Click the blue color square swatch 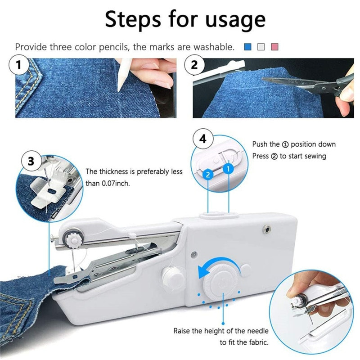(248, 47)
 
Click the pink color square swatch (275, 47)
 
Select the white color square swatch (261, 47)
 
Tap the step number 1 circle (19, 65)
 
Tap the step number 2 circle (194, 65)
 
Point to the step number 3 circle (31, 161)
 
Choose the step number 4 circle (203, 139)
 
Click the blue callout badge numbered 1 (228, 169)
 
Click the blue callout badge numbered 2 (208, 175)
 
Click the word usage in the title (235, 19)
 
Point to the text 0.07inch (116, 184)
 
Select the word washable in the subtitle (214, 47)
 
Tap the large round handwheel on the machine (221, 282)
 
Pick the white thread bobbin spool (173, 276)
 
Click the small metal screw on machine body (266, 229)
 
